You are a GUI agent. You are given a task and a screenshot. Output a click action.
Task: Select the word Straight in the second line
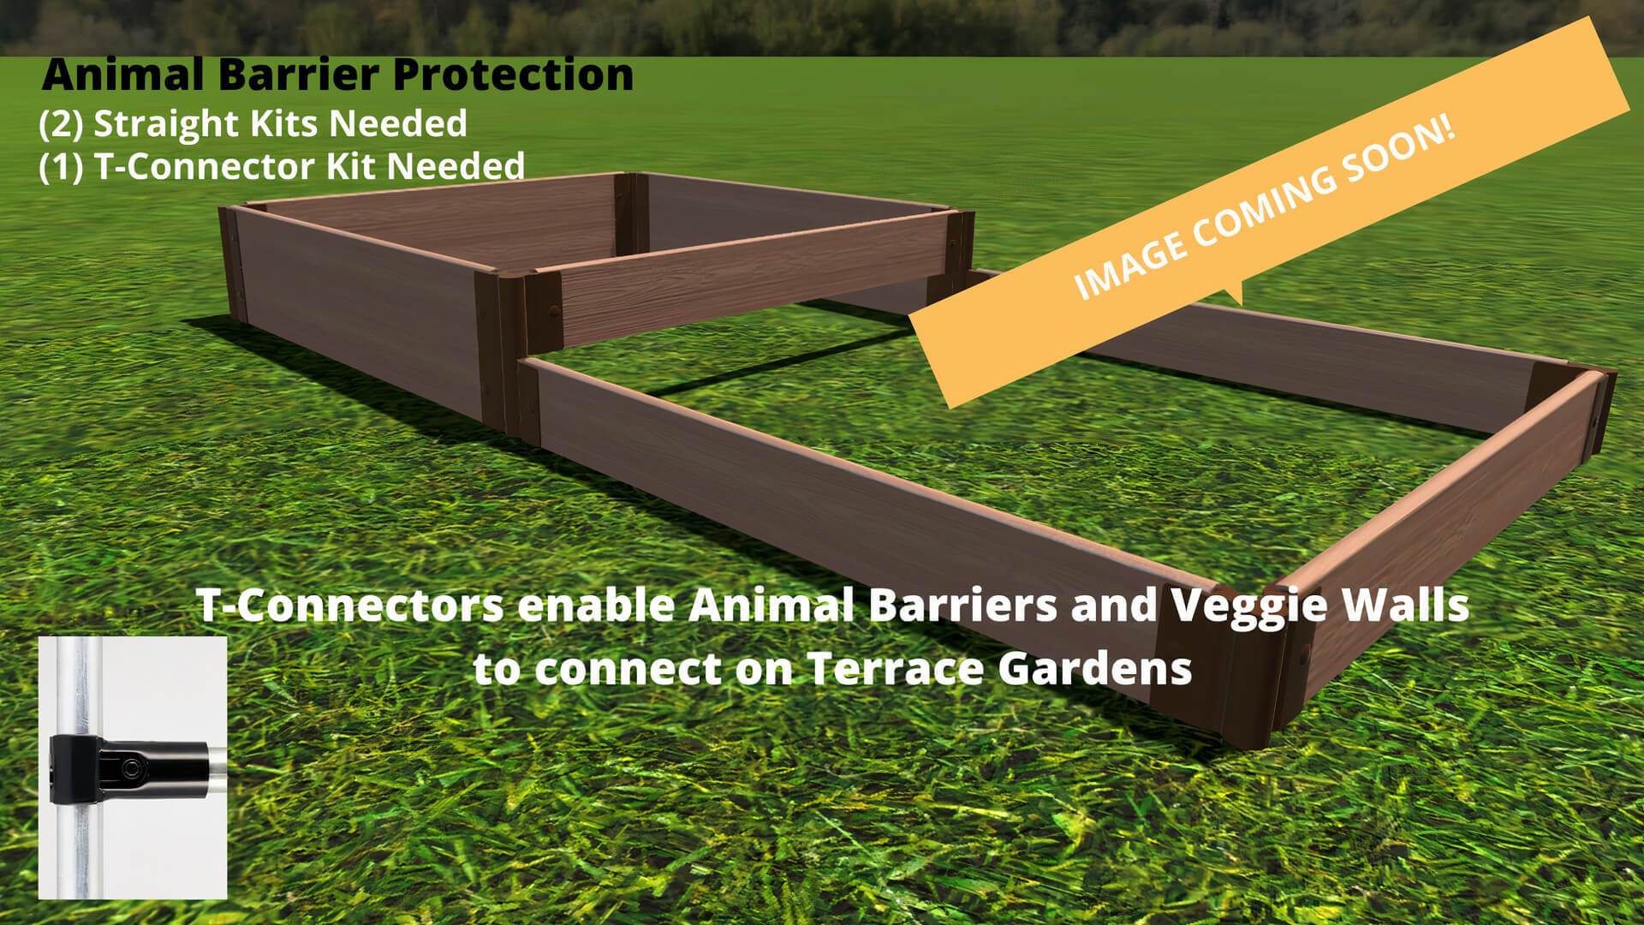click(x=164, y=125)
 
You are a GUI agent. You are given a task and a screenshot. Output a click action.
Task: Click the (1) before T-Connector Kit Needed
click(x=61, y=166)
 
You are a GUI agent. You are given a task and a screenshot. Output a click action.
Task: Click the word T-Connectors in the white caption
click(x=350, y=606)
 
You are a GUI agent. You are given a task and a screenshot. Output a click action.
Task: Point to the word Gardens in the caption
click(x=1095, y=669)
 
